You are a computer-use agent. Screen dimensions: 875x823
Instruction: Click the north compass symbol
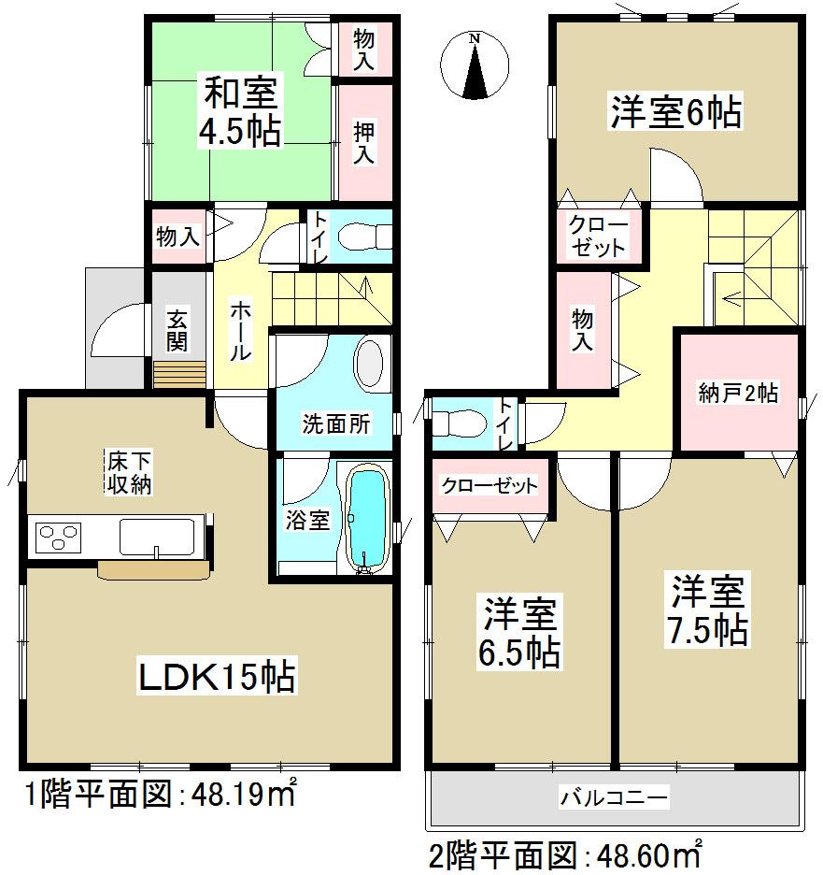pyautogui.click(x=475, y=65)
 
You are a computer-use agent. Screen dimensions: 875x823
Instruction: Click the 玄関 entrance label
pyautogui.click(x=177, y=331)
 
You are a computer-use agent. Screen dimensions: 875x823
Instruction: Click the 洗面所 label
pyautogui.click(x=335, y=424)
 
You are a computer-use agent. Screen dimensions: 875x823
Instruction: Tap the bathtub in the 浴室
pyautogui.click(x=367, y=520)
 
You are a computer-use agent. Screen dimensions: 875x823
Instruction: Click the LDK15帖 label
pyautogui.click(x=218, y=676)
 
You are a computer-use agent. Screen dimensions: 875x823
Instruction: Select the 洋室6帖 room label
pyautogui.click(x=675, y=112)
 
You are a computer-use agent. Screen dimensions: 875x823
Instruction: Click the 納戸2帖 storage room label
pyautogui.click(x=738, y=393)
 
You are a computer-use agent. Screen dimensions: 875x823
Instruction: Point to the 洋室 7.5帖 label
pyautogui.click(x=707, y=610)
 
